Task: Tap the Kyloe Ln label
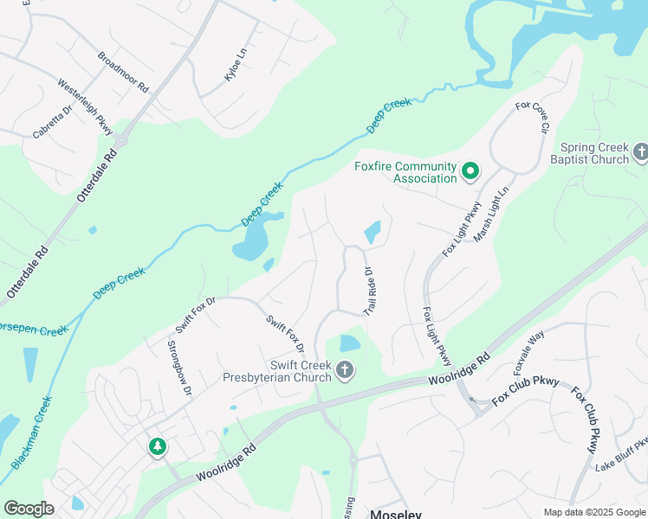click(235, 66)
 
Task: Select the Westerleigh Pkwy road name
click(85, 106)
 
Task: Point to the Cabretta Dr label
click(53, 122)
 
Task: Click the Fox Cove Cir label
click(533, 117)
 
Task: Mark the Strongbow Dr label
click(178, 367)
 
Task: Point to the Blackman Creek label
click(32, 432)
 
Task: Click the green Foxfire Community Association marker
click(470, 171)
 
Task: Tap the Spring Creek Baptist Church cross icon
click(641, 153)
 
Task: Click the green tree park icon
click(157, 446)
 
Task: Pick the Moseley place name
click(395, 514)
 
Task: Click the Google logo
click(29, 509)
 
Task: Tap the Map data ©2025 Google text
click(593, 512)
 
